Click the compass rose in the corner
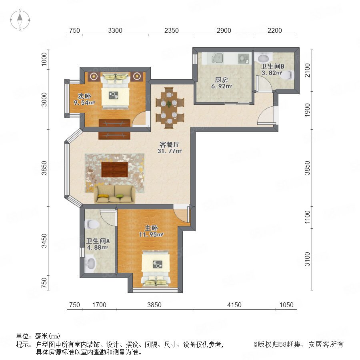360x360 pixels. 20,20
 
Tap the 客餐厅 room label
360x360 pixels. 170,144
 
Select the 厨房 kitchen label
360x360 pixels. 221,80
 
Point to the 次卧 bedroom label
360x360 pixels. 84,96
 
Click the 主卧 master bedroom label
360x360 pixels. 151,228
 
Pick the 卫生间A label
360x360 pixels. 98,241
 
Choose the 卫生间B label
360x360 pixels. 272,66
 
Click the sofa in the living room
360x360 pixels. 114,194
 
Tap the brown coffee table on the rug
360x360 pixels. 114,170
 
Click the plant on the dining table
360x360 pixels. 169,104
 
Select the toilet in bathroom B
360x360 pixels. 288,75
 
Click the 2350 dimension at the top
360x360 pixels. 172,30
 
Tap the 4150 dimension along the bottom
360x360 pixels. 234,305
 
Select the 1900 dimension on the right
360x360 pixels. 307,110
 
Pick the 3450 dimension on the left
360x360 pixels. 44,241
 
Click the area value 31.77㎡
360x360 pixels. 170,151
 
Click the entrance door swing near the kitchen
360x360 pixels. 266,116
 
